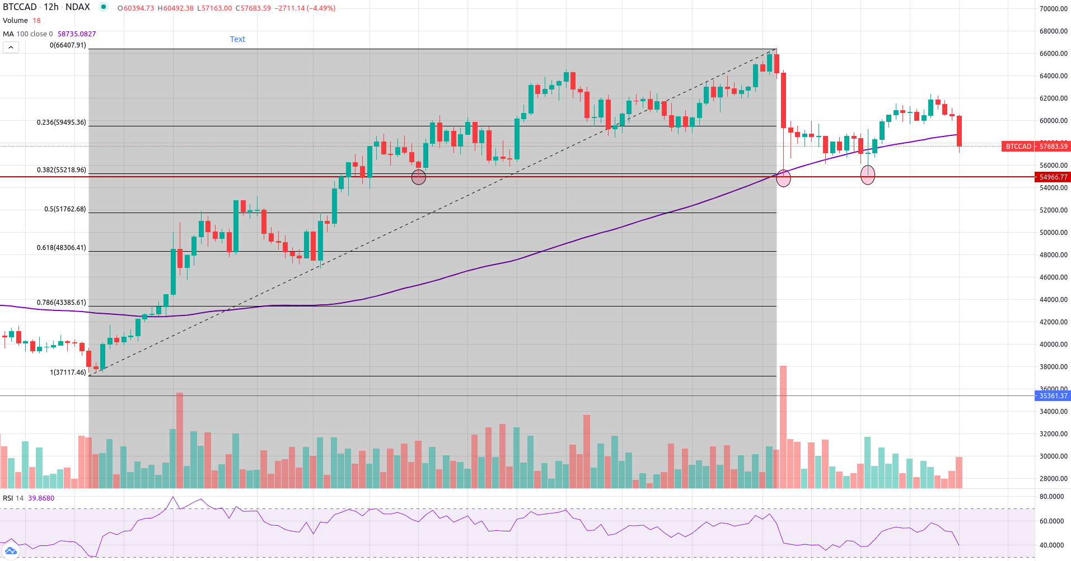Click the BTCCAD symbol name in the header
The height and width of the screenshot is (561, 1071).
click(x=20, y=7)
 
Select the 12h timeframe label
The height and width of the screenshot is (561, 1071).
click(x=51, y=7)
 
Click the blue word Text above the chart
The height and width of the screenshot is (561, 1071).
click(x=237, y=39)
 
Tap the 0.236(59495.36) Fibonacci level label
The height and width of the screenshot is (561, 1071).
click(x=62, y=122)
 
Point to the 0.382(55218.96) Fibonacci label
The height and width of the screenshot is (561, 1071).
click(x=62, y=170)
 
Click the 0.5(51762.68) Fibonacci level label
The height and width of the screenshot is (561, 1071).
click(x=65, y=209)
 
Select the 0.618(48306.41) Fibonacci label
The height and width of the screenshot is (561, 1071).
click(x=62, y=248)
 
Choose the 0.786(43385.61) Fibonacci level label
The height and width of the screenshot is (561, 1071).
click(x=62, y=303)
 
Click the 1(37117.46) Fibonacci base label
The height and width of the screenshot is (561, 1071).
click(x=68, y=373)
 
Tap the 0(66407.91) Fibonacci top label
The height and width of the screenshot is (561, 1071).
click(x=68, y=45)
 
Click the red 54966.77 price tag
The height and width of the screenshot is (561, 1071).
click(x=1053, y=177)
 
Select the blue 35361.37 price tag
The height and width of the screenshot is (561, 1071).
click(x=1053, y=396)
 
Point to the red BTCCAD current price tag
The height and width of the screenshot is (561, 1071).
click(x=1036, y=147)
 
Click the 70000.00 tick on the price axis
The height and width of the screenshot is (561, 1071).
click(x=1053, y=9)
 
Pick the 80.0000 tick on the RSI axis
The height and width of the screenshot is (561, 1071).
click(x=1051, y=497)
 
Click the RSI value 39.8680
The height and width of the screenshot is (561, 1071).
click(x=41, y=498)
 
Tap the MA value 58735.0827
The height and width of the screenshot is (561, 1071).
click(x=77, y=34)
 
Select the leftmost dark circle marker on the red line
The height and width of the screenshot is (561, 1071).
click(x=419, y=177)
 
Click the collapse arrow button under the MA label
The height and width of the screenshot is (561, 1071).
click(x=11, y=48)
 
